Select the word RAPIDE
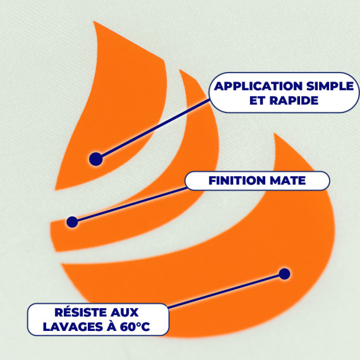click(294, 100)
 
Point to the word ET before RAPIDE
click(258, 100)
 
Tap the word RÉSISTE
click(80, 312)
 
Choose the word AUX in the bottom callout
click(124, 313)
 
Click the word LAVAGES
click(73, 327)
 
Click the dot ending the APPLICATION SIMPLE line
click(96, 159)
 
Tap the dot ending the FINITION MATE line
click(73, 222)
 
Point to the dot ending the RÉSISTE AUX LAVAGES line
click(285, 274)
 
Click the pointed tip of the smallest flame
click(93, 21)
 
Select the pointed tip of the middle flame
click(180, 69)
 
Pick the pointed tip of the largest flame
click(274, 133)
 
